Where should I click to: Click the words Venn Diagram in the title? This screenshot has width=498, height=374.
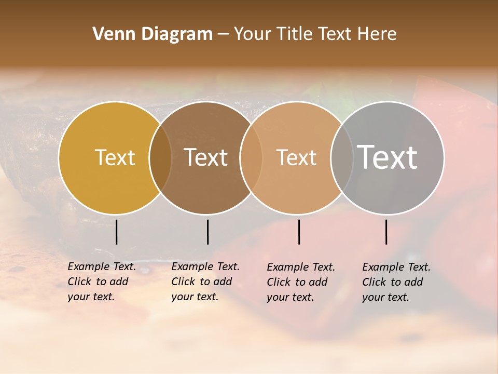[x=153, y=34]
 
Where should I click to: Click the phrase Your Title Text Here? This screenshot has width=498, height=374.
[x=315, y=34]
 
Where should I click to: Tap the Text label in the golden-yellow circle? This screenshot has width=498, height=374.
[x=115, y=157]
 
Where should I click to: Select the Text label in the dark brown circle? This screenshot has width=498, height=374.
[x=206, y=157]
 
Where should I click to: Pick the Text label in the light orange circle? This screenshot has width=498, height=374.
[x=296, y=157]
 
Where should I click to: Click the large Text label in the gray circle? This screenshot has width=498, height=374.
[x=388, y=157]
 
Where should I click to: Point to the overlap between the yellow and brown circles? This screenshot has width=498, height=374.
[x=160, y=158]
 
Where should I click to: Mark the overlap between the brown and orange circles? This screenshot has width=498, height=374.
[x=251, y=158]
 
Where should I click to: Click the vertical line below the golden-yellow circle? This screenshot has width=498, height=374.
[x=116, y=232]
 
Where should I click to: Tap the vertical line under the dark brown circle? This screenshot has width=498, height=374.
[x=208, y=232]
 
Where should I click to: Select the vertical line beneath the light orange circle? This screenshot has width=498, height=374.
[x=299, y=232]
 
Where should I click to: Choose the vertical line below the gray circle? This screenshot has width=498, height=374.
[x=386, y=232]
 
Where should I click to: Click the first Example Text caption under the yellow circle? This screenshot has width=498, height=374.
[x=102, y=266]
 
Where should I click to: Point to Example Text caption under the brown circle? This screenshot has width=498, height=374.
[x=205, y=266]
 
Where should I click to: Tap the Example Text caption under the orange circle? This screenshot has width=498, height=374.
[x=301, y=267]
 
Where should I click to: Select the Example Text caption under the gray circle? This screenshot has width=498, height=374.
[x=396, y=267]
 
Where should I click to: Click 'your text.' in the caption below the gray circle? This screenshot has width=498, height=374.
[x=385, y=297]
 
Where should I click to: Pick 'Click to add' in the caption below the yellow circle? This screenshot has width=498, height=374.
[x=98, y=282]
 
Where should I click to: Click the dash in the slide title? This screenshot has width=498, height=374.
[x=223, y=35]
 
